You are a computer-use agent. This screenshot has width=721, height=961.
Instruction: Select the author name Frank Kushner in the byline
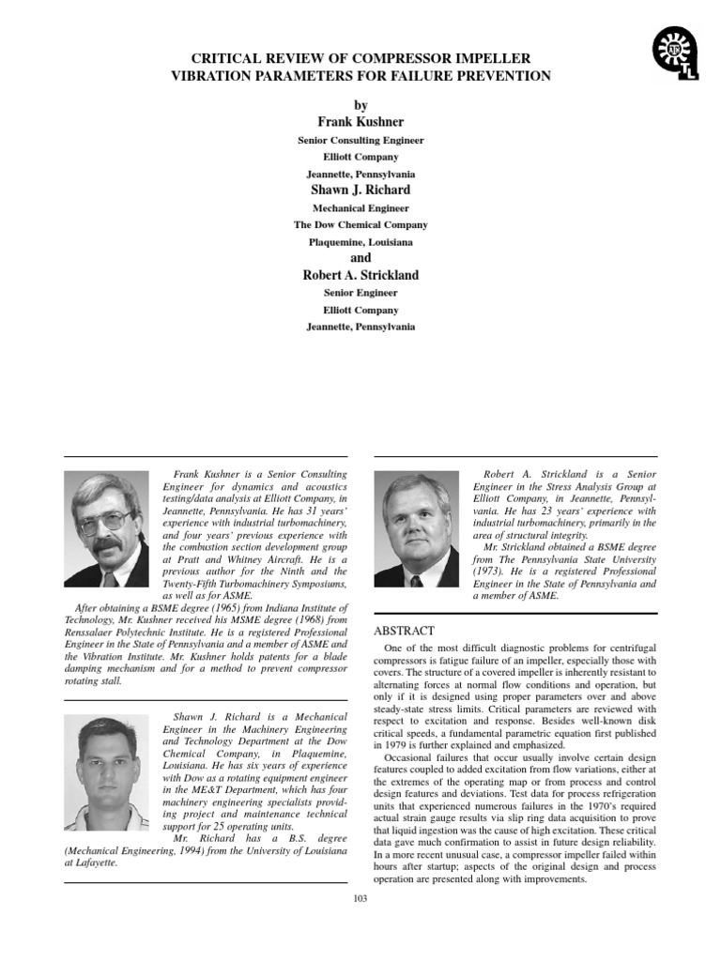pyautogui.click(x=360, y=122)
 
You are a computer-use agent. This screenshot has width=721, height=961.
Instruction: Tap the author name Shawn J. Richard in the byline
pyautogui.click(x=360, y=190)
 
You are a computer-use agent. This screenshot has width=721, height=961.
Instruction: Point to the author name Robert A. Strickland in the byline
pyautogui.click(x=360, y=275)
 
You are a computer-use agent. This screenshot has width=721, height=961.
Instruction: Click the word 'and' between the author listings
pyautogui.click(x=360, y=258)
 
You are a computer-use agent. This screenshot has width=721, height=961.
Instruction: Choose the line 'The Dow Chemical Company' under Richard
pyautogui.click(x=360, y=224)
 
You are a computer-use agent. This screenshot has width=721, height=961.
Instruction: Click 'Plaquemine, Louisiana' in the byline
pyautogui.click(x=360, y=241)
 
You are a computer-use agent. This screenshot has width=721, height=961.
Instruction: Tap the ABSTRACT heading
pyautogui.click(x=406, y=630)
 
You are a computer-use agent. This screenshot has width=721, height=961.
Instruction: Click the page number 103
pyautogui.click(x=360, y=898)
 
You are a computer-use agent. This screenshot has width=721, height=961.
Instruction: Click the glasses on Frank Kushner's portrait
pyautogui.click(x=106, y=519)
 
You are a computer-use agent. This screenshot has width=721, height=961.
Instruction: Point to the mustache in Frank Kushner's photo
pyautogui.click(x=106, y=543)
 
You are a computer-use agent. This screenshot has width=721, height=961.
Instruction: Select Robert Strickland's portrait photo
pyautogui.click(x=416, y=530)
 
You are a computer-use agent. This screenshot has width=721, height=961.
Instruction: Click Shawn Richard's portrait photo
pyautogui.click(x=106, y=771)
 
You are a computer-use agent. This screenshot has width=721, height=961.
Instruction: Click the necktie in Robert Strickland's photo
pyautogui.click(x=416, y=580)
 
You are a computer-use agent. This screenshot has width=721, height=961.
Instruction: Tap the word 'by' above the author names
pyautogui.click(x=360, y=106)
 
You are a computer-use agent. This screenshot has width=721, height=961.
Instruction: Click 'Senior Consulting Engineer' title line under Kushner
pyautogui.click(x=360, y=140)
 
